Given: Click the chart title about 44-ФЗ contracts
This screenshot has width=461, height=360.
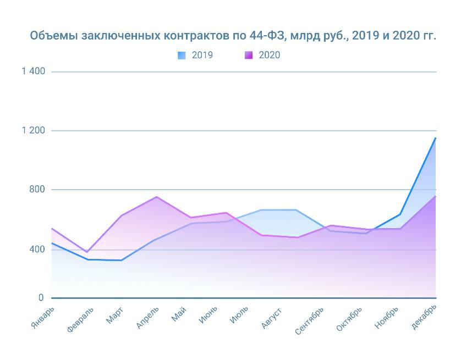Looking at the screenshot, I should tap(233, 36).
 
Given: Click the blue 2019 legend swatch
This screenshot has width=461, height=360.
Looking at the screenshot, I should tap(182, 55).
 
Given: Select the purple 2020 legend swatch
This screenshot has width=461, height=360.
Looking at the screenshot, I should tap(249, 55).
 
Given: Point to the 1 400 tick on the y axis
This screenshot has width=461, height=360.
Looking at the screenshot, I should tap(34, 71).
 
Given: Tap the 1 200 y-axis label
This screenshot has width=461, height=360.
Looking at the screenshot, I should tap(34, 130).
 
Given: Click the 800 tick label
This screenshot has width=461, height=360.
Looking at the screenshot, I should tap(36, 190).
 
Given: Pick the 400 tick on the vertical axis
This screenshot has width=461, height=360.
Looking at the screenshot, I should tap(36, 249).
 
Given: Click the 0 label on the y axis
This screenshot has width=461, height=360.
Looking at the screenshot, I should tap(41, 297).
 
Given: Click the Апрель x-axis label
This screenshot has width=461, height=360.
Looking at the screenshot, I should tap(147, 317).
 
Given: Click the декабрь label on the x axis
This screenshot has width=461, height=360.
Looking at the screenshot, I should tap(424, 318).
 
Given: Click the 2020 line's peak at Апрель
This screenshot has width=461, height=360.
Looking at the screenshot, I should tap(157, 197).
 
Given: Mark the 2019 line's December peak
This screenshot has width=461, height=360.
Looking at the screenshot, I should tap(436, 138).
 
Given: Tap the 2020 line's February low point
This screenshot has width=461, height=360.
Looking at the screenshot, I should tap(86, 252).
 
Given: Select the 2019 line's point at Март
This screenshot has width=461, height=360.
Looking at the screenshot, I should tap(121, 260).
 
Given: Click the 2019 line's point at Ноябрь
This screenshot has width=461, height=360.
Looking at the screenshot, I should tap(400, 214).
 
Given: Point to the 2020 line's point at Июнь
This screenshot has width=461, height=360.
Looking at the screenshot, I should tap(226, 213).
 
